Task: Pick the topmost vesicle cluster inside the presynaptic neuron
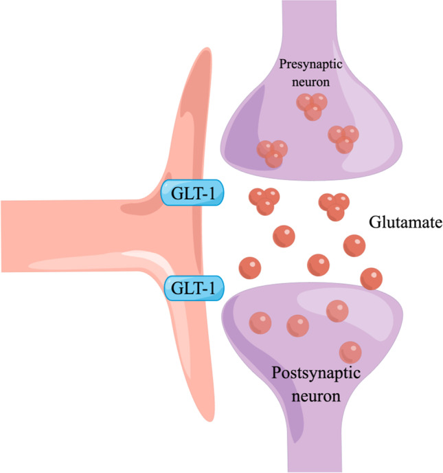pyautogui.click(x=311, y=106)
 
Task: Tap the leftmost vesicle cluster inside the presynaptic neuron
pyautogui.click(x=272, y=153)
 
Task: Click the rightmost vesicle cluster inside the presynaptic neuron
pyautogui.click(x=344, y=137)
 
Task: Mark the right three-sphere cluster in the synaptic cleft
pyautogui.click(x=334, y=205)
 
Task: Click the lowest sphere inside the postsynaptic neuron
pyautogui.click(x=350, y=352)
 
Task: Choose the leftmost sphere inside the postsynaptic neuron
pyautogui.click(x=259, y=322)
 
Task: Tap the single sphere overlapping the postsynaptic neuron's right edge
pyautogui.click(x=372, y=278)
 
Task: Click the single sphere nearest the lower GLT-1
pyautogui.click(x=249, y=266)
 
